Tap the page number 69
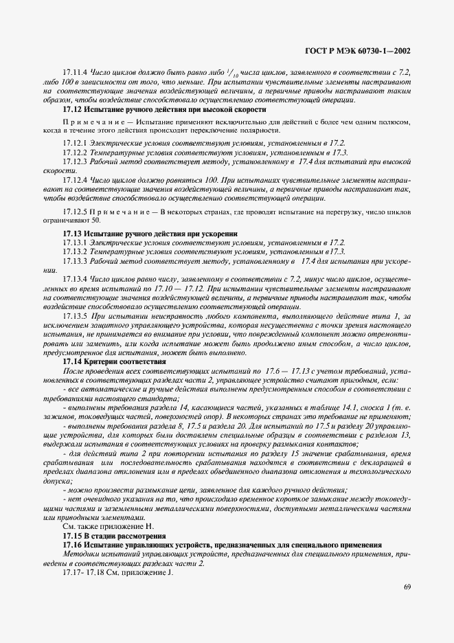coord(407,587)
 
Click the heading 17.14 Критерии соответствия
coord(115,361)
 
